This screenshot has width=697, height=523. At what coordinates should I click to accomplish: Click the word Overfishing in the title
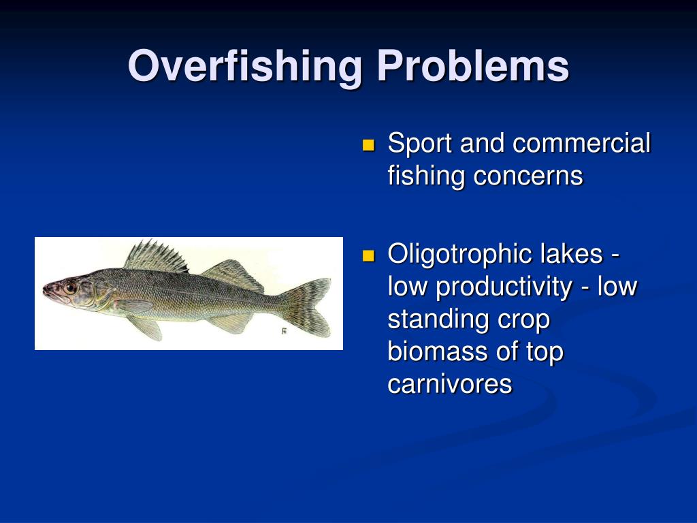pos(246,67)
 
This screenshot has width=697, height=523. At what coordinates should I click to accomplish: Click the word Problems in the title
pos(473,67)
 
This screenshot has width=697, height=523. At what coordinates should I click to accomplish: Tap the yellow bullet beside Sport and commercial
pos(369,145)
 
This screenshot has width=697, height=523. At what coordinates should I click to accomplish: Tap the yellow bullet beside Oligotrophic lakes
pos(369,255)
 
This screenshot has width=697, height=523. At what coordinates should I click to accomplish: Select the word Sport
pos(420,144)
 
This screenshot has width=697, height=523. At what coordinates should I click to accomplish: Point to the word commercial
pos(581,144)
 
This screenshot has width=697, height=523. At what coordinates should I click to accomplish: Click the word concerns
pos(528,176)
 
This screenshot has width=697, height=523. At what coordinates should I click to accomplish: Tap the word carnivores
pos(449,384)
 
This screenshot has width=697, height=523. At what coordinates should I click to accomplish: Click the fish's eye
pos(70,288)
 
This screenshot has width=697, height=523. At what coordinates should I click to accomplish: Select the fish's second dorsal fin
pos(231,274)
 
